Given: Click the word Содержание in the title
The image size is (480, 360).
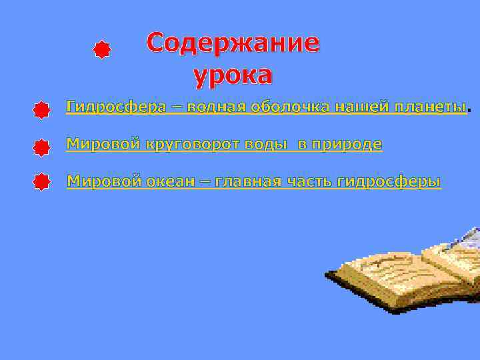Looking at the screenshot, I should (233, 43).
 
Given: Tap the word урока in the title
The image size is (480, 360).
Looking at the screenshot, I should (233, 76).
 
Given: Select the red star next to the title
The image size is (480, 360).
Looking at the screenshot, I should (101, 50).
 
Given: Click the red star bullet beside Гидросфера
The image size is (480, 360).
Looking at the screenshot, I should (41, 110).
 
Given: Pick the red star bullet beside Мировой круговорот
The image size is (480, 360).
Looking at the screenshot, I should (41, 147).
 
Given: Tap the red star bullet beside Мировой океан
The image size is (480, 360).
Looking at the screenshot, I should (41, 182).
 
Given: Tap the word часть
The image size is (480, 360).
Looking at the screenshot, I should (311, 181).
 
